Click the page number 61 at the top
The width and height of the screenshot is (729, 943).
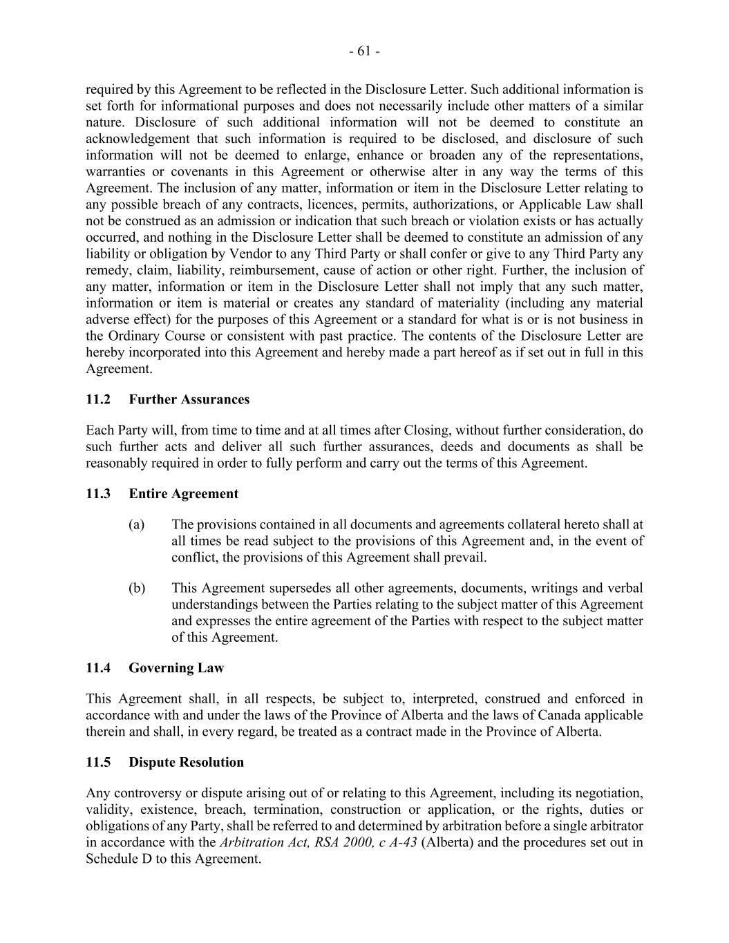(364, 51)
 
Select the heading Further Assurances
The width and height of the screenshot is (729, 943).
(189, 399)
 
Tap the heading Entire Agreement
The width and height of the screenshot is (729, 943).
(183, 493)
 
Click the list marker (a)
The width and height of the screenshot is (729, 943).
(137, 524)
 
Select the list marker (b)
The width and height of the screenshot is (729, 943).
(137, 588)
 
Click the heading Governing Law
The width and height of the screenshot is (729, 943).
(176, 667)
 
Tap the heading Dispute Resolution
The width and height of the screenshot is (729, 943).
(186, 762)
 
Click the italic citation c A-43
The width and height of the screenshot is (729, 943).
(398, 842)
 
